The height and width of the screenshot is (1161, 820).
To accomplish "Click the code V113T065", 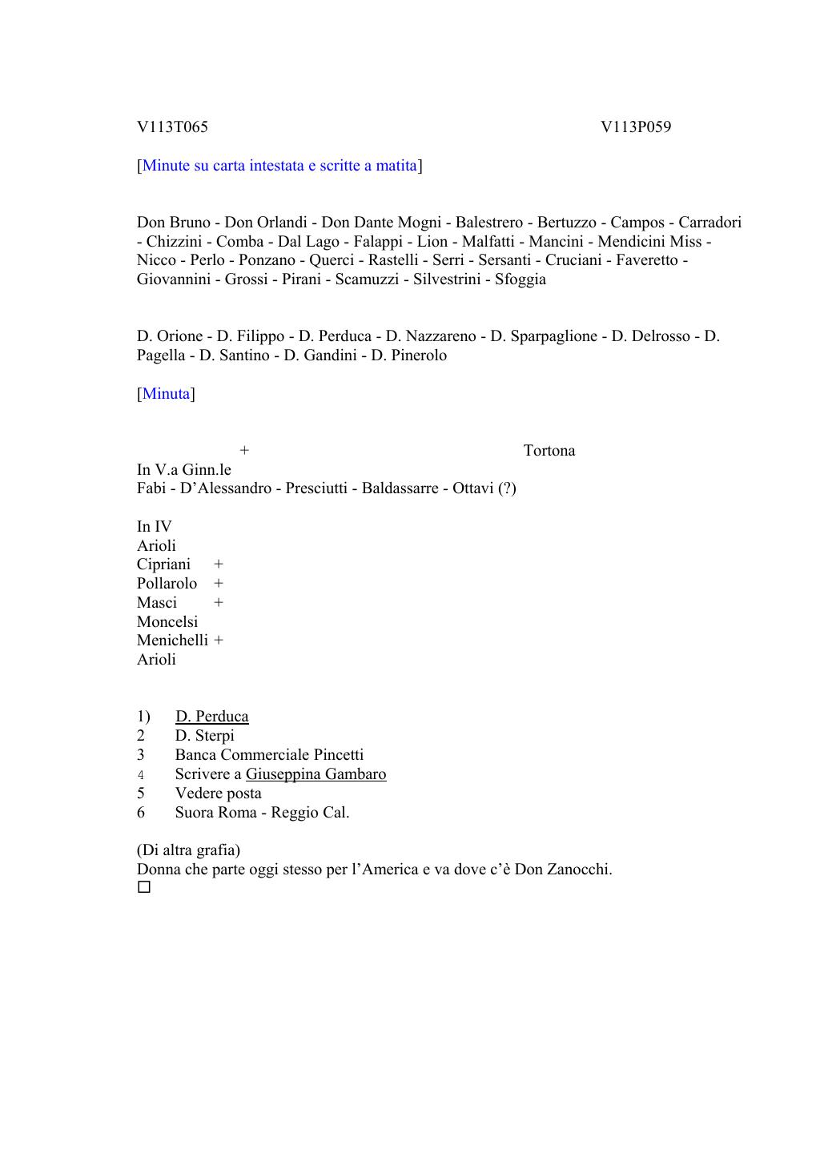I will pos(172,127).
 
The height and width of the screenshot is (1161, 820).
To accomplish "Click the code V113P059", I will pos(636,127).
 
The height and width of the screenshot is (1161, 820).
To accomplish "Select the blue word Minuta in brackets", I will pos(166,394).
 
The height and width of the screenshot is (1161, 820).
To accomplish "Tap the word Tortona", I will pos(549,451).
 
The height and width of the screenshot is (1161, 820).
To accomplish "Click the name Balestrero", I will pos(488,223).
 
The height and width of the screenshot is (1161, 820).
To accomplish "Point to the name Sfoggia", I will pos(520,279).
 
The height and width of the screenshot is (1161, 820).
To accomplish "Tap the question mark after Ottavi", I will pos(507,488).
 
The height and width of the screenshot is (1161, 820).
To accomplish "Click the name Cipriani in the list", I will pos(163,564).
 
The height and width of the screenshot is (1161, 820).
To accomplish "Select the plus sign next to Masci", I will pos(219,603).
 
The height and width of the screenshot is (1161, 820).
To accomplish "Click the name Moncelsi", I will pos(167,622).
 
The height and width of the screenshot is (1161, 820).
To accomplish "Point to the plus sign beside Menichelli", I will pos(219,641).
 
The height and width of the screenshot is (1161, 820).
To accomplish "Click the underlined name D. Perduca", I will pos(211,717).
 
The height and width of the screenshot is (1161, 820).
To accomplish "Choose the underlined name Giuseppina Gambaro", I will pos(316,774).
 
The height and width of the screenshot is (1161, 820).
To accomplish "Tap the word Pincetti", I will pos(336,755).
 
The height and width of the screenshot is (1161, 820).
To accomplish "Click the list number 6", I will pos(141,813).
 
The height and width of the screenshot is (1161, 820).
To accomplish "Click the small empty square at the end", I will pos(143,888).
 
